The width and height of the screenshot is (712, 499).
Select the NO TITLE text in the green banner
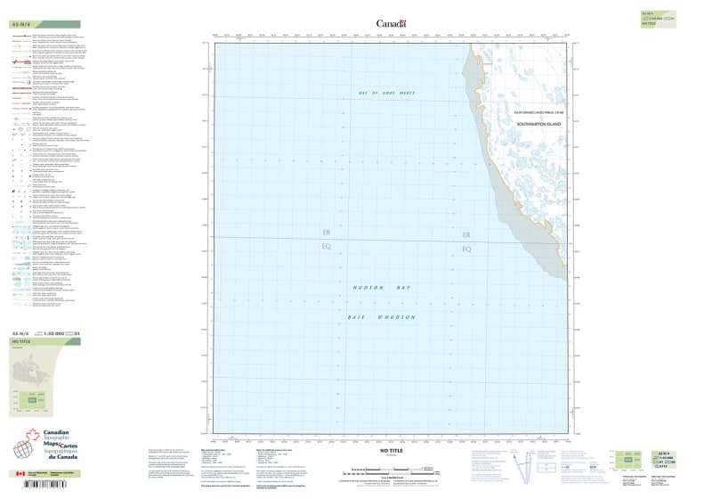point(22,342)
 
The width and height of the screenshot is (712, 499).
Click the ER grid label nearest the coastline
point(465,234)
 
